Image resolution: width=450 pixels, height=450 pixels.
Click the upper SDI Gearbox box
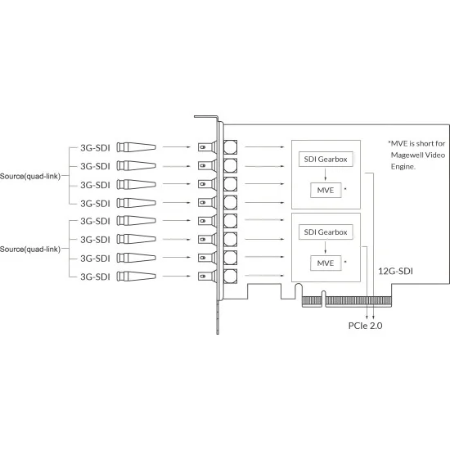point(326,159)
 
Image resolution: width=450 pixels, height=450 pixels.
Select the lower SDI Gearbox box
point(326,232)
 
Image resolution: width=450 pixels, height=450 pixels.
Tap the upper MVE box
point(326,190)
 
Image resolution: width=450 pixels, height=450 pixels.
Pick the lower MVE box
point(326,263)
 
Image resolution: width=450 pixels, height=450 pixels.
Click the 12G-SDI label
point(395,271)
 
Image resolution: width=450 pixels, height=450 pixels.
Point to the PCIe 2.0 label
point(366,326)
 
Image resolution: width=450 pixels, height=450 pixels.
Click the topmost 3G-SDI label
point(95,148)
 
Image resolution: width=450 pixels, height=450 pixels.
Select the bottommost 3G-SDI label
point(95,277)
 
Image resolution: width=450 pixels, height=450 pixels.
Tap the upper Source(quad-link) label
point(30,176)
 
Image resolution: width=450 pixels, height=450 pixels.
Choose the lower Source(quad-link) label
point(30,249)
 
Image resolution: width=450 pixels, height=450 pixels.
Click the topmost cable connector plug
point(137,147)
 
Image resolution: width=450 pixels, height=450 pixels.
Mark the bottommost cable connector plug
point(137,277)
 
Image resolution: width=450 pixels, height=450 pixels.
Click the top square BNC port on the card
point(231,147)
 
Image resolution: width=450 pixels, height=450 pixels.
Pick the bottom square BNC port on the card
point(231,277)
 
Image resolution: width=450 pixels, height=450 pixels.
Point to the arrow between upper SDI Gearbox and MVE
point(325,174)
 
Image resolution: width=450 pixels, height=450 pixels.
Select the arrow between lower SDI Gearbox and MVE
point(325,247)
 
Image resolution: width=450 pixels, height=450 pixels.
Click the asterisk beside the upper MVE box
point(345,189)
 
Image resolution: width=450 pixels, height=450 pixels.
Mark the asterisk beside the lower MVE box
point(345,262)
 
